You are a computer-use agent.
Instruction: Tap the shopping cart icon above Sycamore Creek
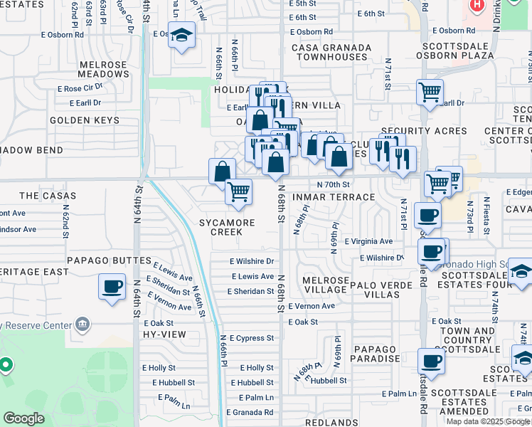tap(239, 191)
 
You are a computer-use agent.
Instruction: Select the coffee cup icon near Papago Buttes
tap(112, 287)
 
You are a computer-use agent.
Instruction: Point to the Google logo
tap(24, 418)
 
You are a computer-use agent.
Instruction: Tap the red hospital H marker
tap(476, 6)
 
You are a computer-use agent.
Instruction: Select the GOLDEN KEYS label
tap(85, 120)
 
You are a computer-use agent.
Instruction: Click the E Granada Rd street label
tap(250, 412)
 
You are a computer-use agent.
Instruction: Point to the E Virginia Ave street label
tap(368, 242)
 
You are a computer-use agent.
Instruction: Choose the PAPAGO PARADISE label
tap(376, 354)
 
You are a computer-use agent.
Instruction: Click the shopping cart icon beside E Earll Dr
tap(430, 93)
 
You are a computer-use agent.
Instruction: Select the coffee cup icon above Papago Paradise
tap(431, 362)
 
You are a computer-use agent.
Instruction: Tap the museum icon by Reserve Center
tap(83, 325)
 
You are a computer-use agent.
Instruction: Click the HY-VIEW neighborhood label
tap(159, 334)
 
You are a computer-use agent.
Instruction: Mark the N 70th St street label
tap(334, 184)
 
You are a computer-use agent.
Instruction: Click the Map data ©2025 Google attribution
tap(488, 421)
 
